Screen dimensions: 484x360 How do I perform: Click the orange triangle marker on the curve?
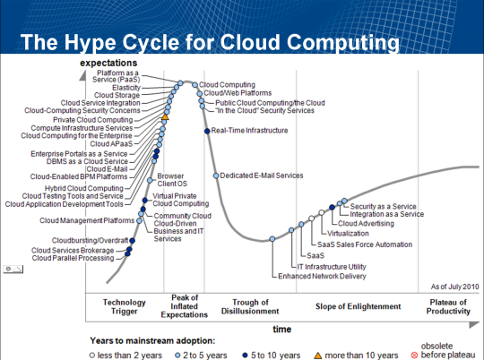(x=165, y=116)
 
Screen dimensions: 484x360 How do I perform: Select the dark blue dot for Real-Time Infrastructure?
(x=207, y=131)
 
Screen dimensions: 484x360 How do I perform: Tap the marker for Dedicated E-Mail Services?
(x=216, y=176)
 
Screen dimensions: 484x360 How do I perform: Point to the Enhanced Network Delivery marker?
(x=272, y=239)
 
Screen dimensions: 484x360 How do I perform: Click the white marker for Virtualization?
(x=322, y=212)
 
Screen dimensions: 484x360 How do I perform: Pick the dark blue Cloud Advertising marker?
(x=333, y=207)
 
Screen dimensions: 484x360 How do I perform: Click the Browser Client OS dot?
(x=150, y=180)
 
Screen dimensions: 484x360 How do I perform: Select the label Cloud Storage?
(x=117, y=95)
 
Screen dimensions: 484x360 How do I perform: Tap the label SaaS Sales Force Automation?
(x=365, y=244)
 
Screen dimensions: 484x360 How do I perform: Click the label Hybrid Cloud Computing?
(x=84, y=188)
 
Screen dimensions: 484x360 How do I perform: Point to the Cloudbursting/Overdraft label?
(x=91, y=240)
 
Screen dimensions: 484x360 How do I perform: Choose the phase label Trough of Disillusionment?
(x=250, y=306)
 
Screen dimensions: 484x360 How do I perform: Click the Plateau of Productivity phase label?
(x=448, y=306)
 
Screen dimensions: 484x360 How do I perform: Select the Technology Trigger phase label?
(x=125, y=306)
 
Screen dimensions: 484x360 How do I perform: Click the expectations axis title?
(x=108, y=63)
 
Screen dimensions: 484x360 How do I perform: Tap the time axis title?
(x=282, y=330)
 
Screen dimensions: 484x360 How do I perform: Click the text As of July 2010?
(x=455, y=287)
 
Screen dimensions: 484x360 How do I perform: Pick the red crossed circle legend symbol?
(x=415, y=356)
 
